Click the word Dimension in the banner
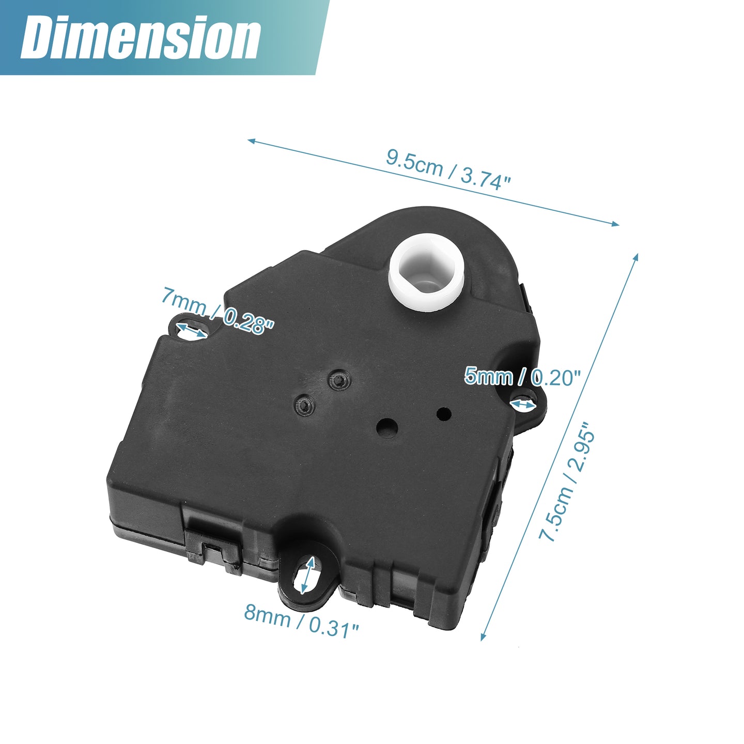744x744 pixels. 141,38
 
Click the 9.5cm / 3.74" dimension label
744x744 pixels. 448,169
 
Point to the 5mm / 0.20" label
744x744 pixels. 522,377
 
